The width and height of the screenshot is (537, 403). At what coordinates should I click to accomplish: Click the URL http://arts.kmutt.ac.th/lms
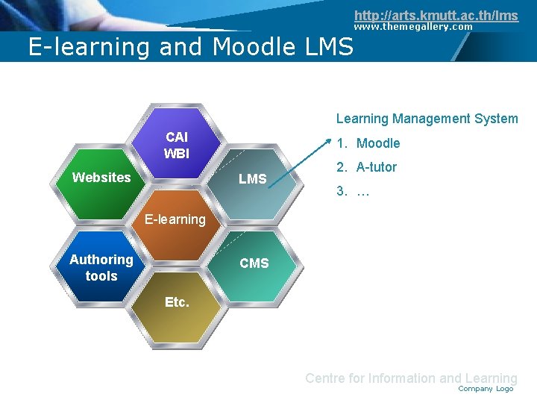click(x=436, y=15)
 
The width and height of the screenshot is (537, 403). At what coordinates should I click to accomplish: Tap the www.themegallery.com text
click(x=412, y=27)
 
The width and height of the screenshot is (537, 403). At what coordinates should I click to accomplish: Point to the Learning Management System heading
click(x=427, y=119)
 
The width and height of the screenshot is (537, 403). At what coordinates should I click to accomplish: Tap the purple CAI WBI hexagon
click(x=177, y=145)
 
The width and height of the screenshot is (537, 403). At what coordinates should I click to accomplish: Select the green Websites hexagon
click(x=101, y=178)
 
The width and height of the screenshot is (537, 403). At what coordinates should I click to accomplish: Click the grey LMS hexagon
click(x=253, y=179)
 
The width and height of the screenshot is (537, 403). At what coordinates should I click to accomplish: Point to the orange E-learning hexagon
click(x=175, y=219)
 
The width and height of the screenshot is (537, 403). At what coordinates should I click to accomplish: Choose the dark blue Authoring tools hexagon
click(x=101, y=267)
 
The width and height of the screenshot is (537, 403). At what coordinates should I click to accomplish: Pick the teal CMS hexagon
click(x=254, y=263)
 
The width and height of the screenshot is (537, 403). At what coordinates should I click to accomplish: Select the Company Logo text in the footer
click(x=486, y=389)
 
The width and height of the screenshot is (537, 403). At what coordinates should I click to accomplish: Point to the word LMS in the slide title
click(x=329, y=47)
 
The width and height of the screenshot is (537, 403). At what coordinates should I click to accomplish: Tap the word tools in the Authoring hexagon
click(x=101, y=276)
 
